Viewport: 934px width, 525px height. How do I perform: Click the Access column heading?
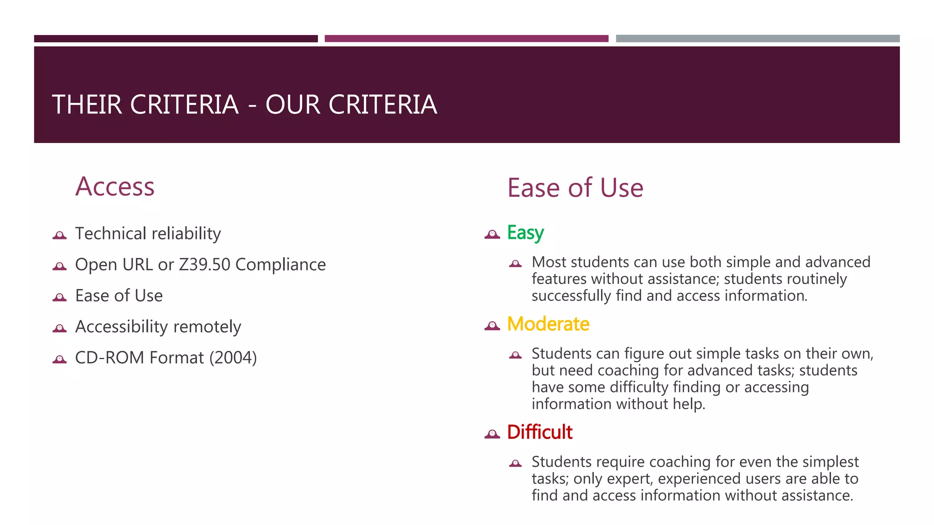pyautogui.click(x=115, y=187)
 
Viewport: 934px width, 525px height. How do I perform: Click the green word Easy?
pyautogui.click(x=525, y=233)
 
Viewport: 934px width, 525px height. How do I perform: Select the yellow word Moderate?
pyautogui.click(x=548, y=324)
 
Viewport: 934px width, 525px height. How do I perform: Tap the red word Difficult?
pyautogui.click(x=540, y=432)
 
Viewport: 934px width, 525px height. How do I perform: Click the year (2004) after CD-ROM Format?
pyautogui.click(x=233, y=358)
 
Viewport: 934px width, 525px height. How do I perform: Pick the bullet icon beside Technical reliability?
pyautogui.click(x=60, y=235)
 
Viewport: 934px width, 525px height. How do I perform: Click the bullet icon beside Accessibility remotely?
pyautogui.click(x=60, y=328)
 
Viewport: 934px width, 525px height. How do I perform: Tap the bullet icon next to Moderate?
pyautogui.click(x=492, y=326)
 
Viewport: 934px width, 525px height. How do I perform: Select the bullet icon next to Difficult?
pyautogui.click(x=492, y=434)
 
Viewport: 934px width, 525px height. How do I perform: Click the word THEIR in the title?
pyautogui.click(x=87, y=105)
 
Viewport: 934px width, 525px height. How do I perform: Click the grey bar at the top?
pyautogui.click(x=758, y=39)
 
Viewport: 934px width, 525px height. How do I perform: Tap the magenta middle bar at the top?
pyautogui.click(x=466, y=39)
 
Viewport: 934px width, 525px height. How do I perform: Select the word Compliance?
pyautogui.click(x=280, y=265)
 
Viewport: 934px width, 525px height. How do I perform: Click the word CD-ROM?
pyautogui.click(x=110, y=358)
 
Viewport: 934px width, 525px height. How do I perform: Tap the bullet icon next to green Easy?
pyautogui.click(x=492, y=234)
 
